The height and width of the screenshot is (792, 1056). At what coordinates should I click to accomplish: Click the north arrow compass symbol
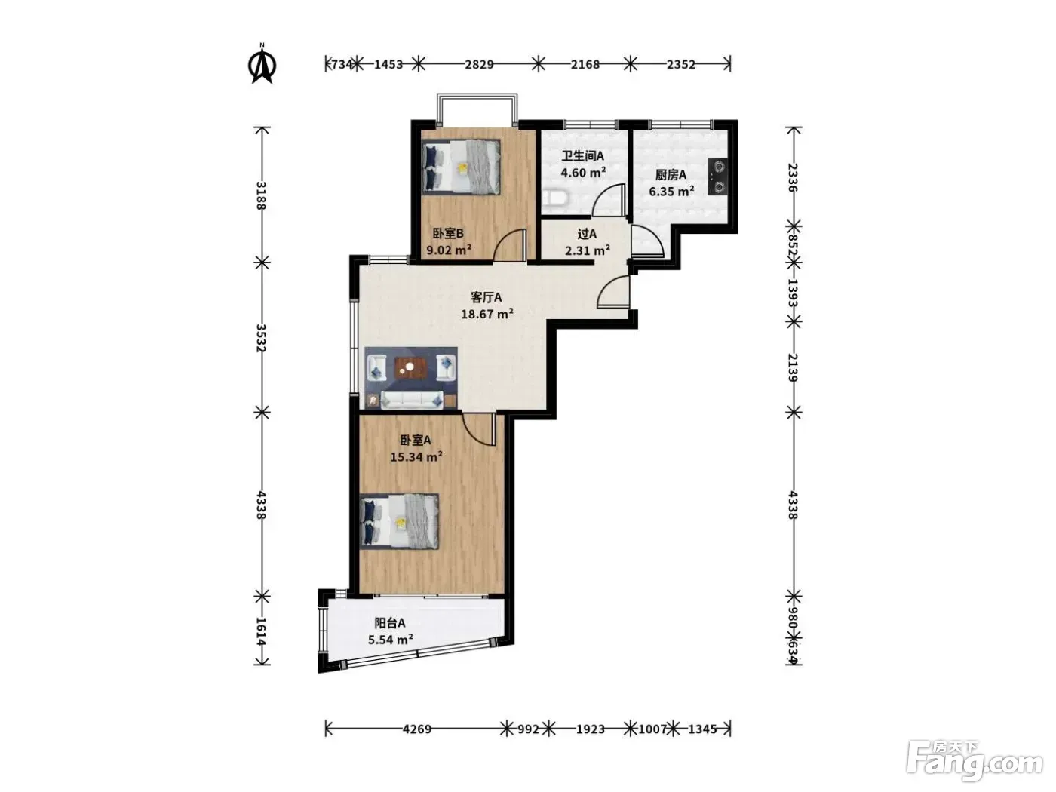click(262, 63)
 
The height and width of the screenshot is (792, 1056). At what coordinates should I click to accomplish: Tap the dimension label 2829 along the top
click(479, 64)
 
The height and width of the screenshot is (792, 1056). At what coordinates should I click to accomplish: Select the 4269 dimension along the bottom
click(416, 729)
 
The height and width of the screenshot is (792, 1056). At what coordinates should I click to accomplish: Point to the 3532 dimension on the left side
click(261, 338)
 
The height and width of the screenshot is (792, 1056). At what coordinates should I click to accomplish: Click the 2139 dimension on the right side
click(793, 367)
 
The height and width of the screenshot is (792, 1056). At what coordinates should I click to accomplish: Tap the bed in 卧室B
click(461, 167)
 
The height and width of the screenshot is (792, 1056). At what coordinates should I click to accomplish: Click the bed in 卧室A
click(399, 521)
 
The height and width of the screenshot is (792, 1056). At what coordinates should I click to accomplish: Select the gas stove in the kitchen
click(717, 177)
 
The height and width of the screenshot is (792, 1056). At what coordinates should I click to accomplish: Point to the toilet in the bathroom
click(554, 198)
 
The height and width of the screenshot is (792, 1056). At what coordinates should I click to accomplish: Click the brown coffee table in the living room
click(411, 368)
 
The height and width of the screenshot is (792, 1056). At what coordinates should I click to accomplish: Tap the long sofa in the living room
click(411, 400)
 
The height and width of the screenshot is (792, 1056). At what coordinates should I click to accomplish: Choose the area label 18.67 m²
click(487, 314)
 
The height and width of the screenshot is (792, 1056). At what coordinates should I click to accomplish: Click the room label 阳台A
click(390, 623)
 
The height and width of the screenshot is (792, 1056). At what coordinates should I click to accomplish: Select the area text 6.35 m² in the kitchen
click(671, 192)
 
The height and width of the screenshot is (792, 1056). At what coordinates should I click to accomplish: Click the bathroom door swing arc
click(609, 200)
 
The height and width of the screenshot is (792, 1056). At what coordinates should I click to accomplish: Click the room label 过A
click(587, 234)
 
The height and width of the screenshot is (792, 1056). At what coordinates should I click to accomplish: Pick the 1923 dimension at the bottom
click(590, 729)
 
